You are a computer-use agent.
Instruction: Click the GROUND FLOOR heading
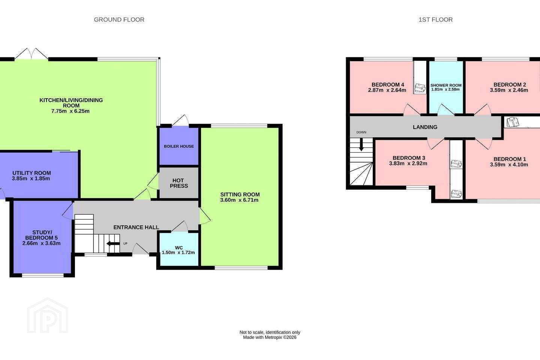pyautogui.click(x=119, y=19)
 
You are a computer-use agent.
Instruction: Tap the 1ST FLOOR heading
pyautogui.click(x=436, y=19)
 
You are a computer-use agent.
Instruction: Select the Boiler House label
pyautogui.click(x=179, y=146)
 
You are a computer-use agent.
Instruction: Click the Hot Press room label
pyautogui.click(x=178, y=183)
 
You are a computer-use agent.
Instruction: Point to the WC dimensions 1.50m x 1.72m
pyautogui.click(x=178, y=253)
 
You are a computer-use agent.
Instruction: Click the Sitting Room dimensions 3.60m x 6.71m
pyautogui.click(x=239, y=200)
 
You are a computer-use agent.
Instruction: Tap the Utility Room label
pyautogui.click(x=31, y=173)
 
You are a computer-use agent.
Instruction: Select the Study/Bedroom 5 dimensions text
pyautogui.click(x=42, y=243)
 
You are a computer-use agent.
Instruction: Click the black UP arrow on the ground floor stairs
pyautogui.click(x=113, y=243)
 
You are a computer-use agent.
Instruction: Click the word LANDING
pyautogui.click(x=425, y=127)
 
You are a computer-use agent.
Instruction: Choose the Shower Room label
pyautogui.click(x=446, y=85)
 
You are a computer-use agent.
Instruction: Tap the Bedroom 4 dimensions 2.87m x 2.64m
pyautogui.click(x=387, y=90)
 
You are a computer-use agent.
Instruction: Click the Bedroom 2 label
pyautogui.click(x=510, y=85)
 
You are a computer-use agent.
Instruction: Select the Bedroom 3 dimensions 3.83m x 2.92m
pyautogui.click(x=408, y=163)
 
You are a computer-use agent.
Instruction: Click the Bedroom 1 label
pyautogui.click(x=510, y=159)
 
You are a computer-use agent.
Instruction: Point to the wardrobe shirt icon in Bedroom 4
pyautogui.click(x=420, y=88)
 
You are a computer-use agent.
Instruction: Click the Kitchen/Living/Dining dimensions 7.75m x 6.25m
pyautogui.click(x=70, y=111)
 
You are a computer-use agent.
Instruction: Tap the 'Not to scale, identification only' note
pyautogui.click(x=270, y=332)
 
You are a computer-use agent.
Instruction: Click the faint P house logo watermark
pyautogui.click(x=48, y=316)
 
